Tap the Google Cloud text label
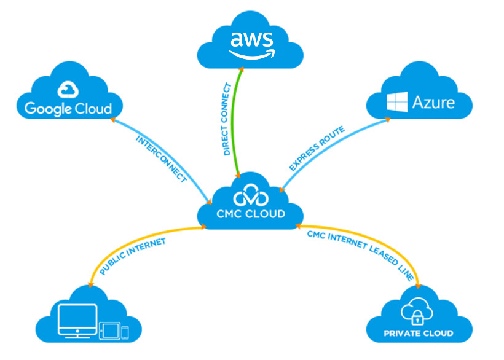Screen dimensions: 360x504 point(68,109)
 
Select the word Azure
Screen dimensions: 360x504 point(433,102)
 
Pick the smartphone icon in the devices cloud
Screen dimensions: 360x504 point(125,332)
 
